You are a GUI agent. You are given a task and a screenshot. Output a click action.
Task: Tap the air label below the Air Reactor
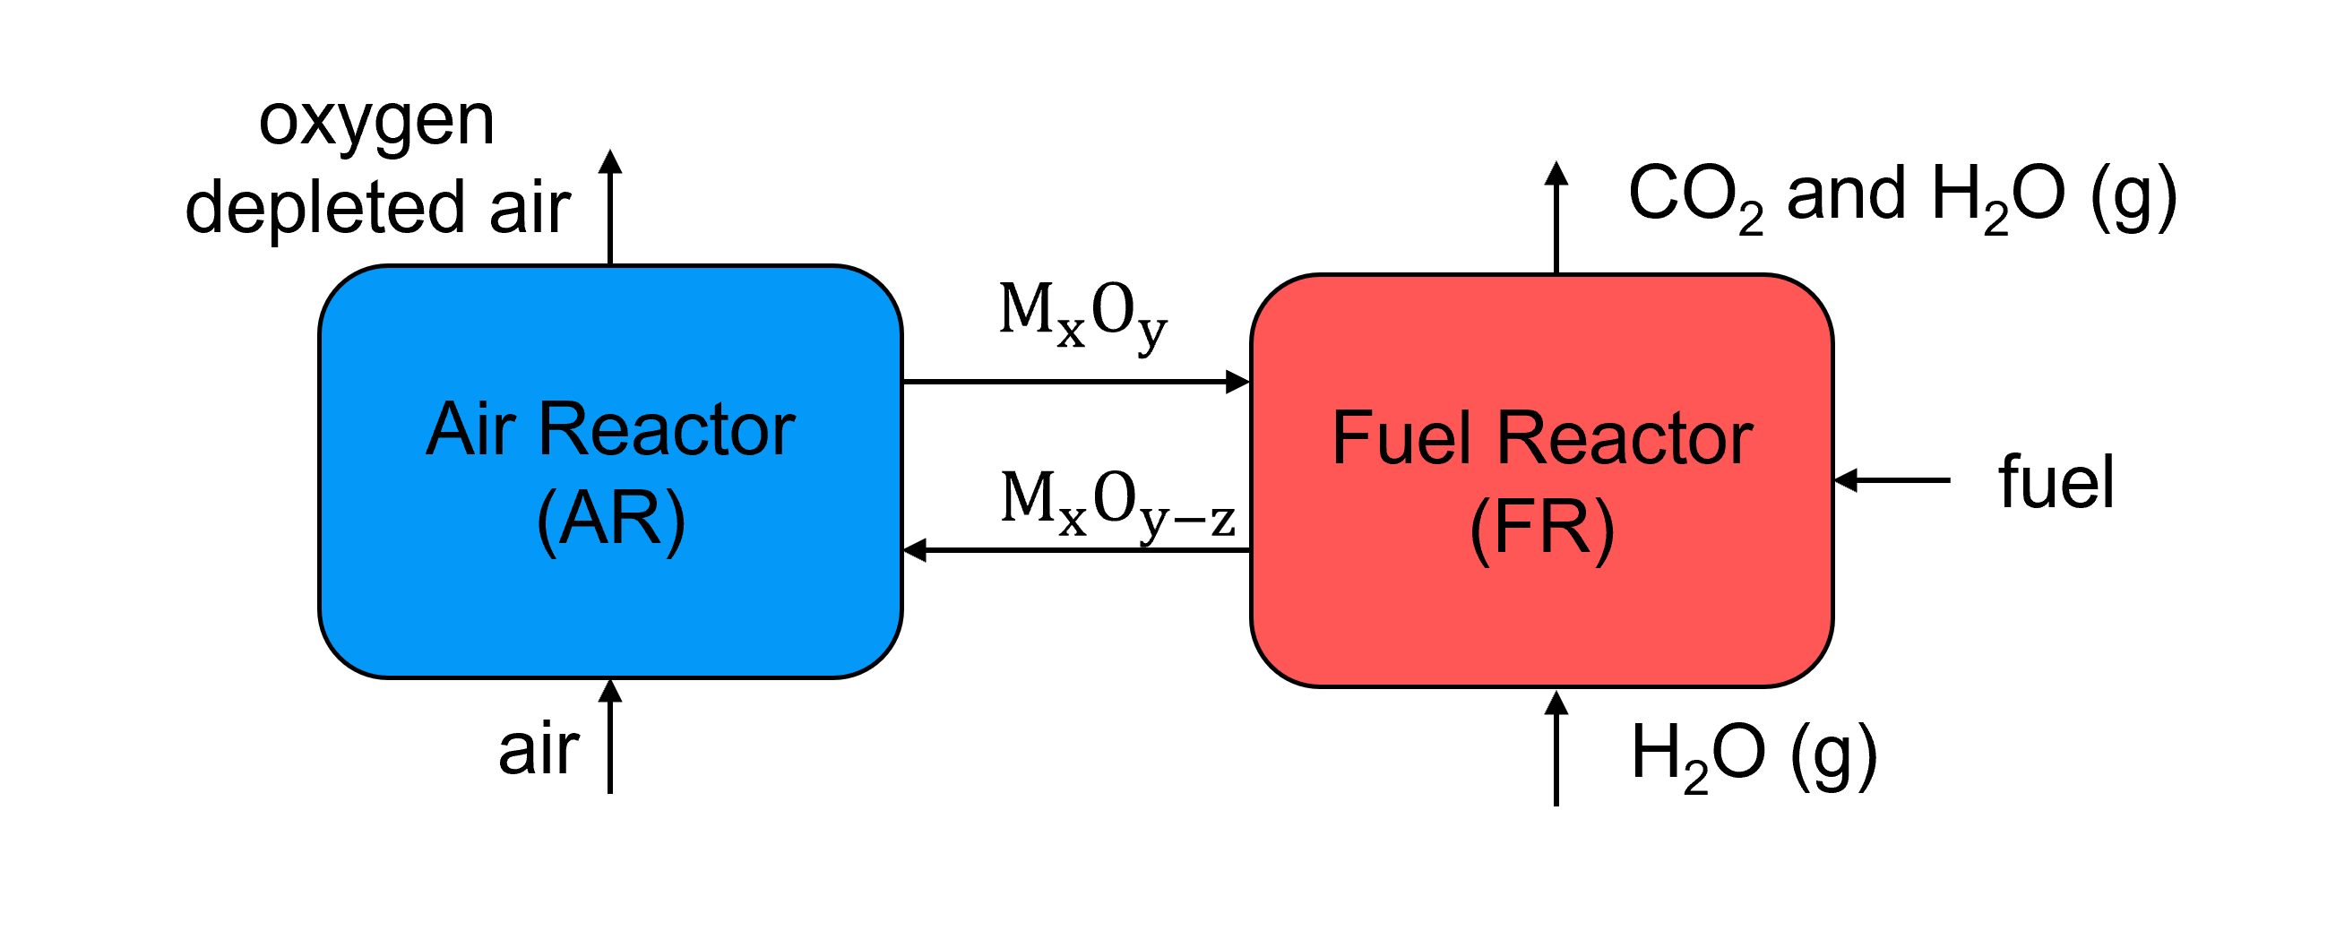(x=539, y=750)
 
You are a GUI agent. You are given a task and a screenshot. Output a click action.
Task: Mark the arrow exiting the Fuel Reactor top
(x=1556, y=218)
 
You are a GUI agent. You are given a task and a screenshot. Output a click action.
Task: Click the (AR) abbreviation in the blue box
(x=611, y=519)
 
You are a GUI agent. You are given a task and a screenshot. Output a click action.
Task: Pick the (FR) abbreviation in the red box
(x=1541, y=528)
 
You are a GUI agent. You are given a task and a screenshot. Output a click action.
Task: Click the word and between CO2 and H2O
(x=1845, y=194)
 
